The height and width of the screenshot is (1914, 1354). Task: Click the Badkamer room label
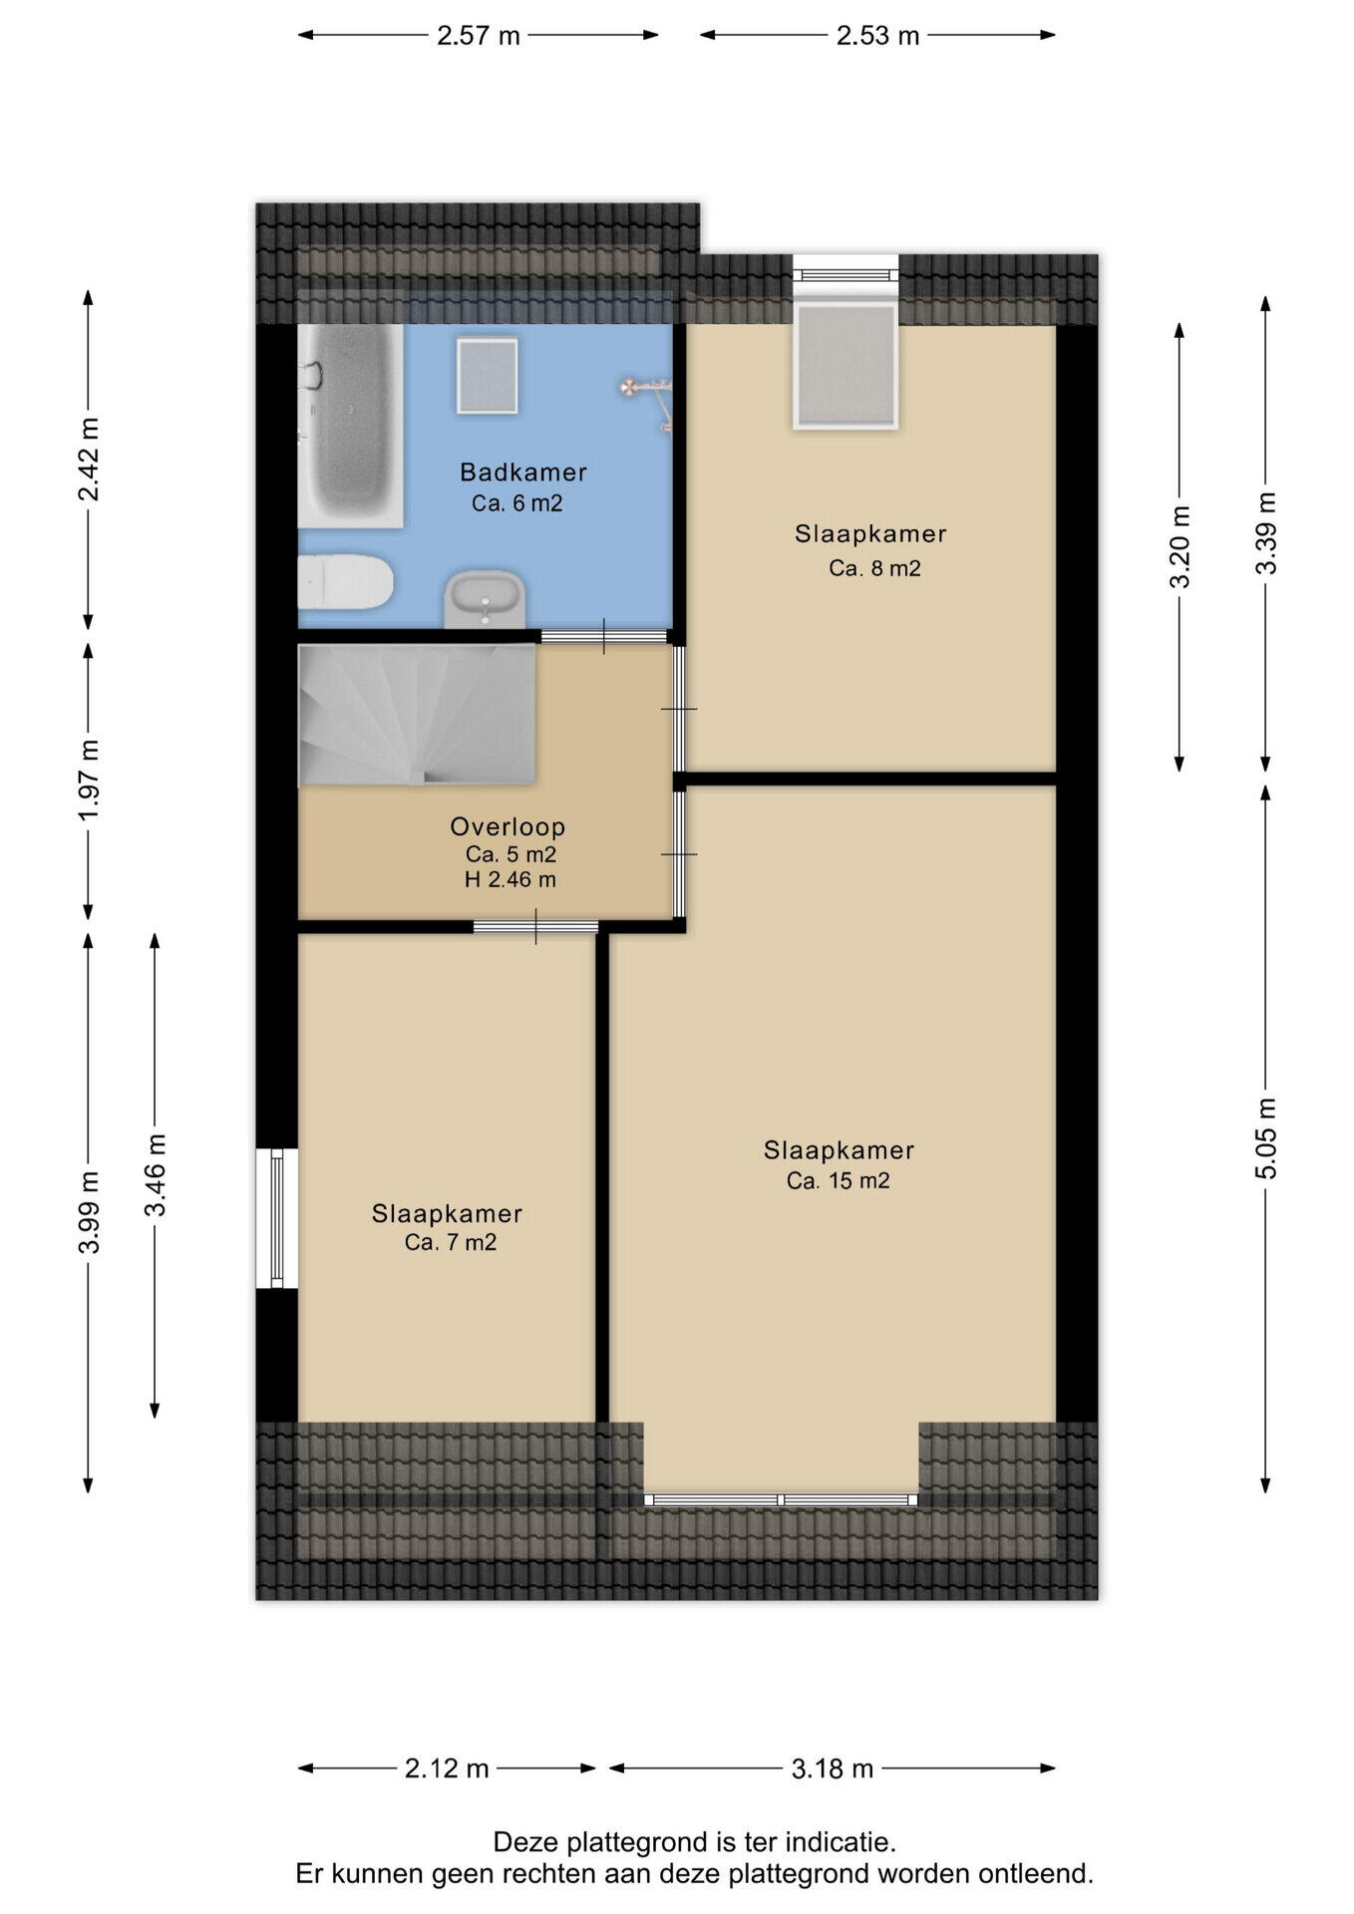pos(522,473)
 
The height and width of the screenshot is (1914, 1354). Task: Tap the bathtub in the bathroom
pos(350,426)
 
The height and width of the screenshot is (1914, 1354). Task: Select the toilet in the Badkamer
pos(345,582)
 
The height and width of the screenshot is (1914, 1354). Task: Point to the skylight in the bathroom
pos(488,375)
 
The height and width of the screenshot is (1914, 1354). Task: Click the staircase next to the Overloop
pos(417,714)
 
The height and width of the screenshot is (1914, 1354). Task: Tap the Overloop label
pos(508,826)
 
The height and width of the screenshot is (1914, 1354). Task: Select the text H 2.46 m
pos(510,879)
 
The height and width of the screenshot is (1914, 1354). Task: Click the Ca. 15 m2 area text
pos(838,1181)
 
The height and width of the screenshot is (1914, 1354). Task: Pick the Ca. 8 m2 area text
pos(874,568)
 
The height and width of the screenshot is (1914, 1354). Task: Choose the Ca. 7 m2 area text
pos(451,1242)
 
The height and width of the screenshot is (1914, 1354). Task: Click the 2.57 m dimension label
pos(479,36)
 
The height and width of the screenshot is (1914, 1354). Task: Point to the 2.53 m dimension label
pos(877,36)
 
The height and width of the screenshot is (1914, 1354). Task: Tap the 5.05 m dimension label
pos(1265,1138)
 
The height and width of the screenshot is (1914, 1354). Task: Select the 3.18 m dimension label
pos(833,1768)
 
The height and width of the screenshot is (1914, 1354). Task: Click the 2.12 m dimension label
pos(447,1768)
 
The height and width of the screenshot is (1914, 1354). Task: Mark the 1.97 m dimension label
pos(89,781)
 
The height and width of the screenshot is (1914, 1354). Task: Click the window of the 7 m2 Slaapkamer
pos(277,1218)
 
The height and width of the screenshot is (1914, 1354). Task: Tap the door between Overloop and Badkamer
pos(604,637)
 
